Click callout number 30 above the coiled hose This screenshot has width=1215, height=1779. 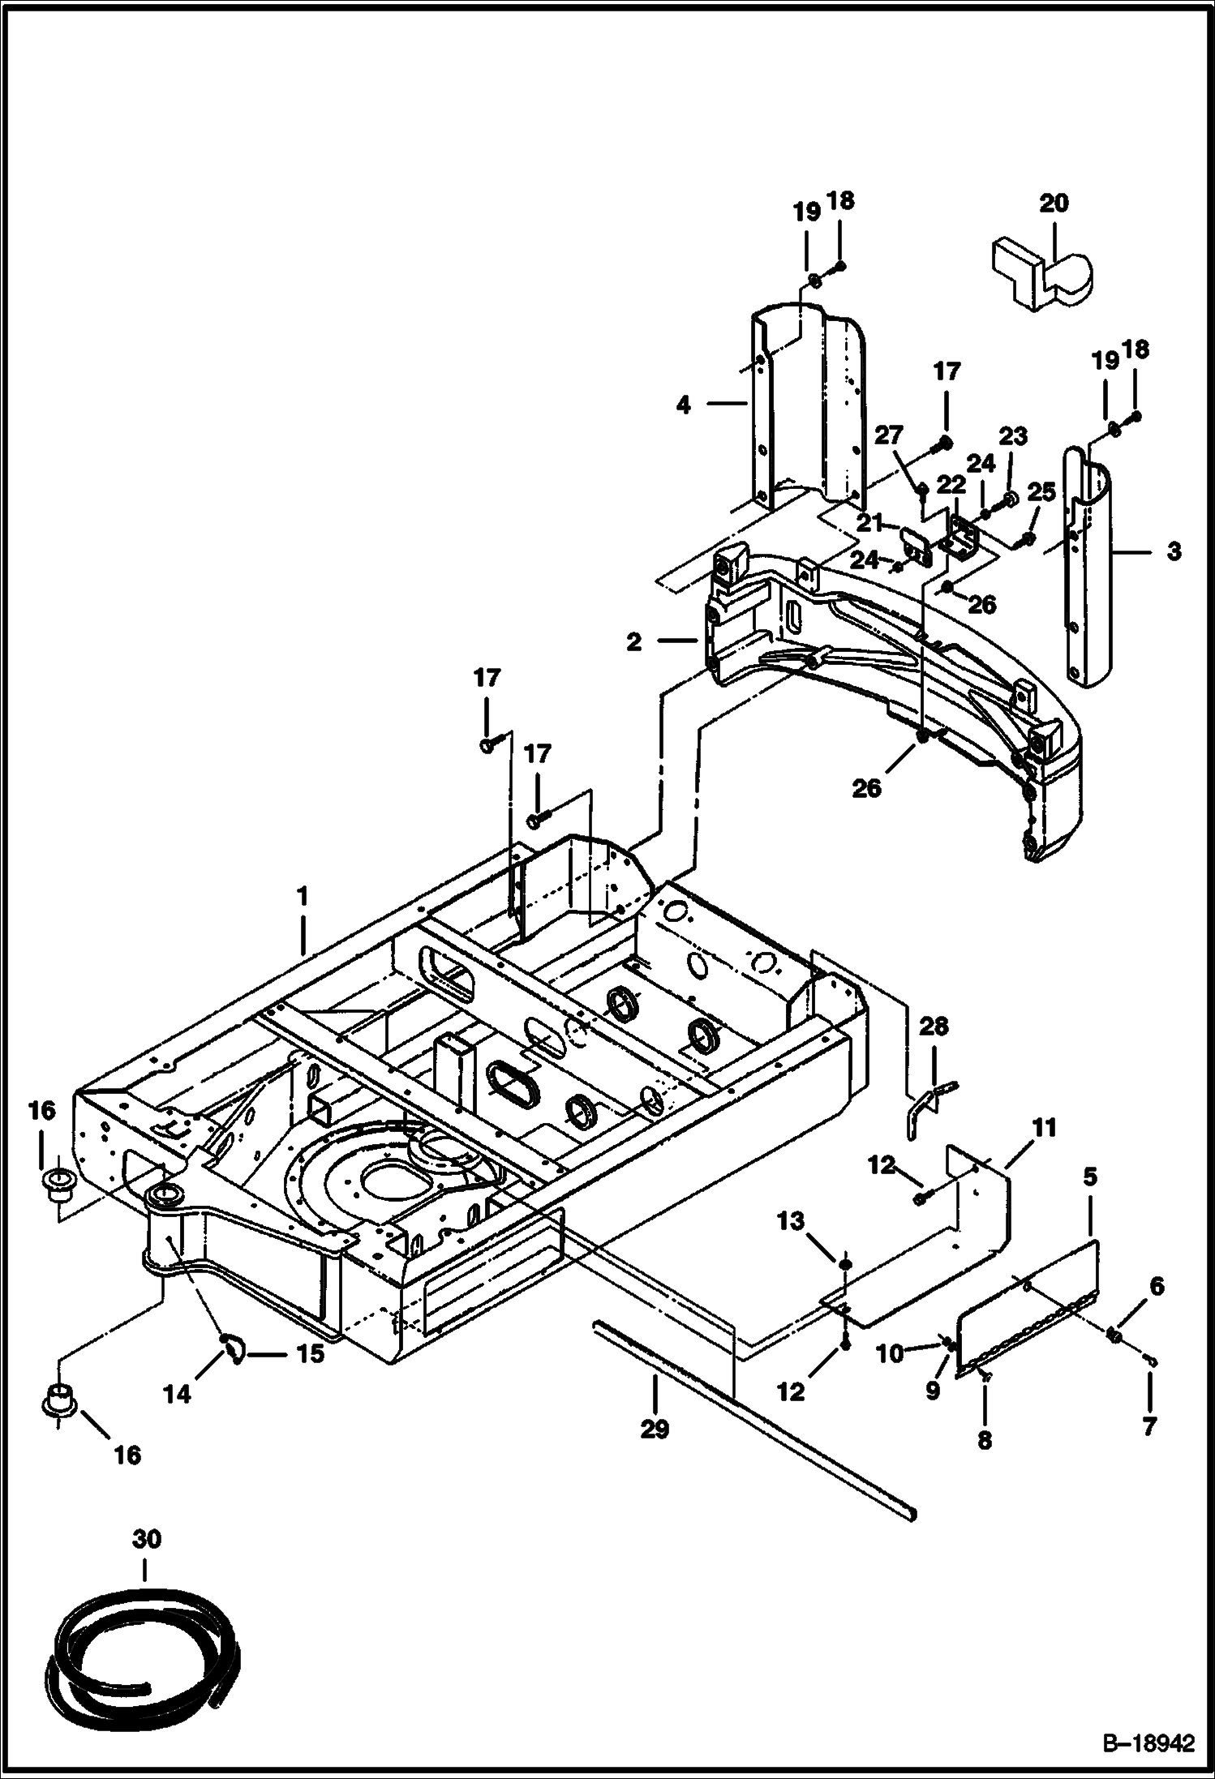(147, 1539)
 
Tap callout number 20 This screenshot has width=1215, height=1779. (1054, 203)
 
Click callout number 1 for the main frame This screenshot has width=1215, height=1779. (303, 897)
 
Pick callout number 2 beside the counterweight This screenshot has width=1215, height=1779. (633, 642)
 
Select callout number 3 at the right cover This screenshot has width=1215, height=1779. (1174, 552)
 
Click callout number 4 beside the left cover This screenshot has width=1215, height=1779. (684, 404)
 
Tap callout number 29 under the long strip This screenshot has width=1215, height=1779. (655, 1428)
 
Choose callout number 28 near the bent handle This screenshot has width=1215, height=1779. (934, 1027)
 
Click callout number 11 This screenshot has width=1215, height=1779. (1044, 1127)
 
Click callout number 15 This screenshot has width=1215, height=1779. (311, 1353)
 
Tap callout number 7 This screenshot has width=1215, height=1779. (1149, 1426)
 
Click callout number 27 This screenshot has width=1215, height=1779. (889, 435)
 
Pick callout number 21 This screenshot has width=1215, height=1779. (869, 523)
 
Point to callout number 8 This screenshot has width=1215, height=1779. (984, 1440)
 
